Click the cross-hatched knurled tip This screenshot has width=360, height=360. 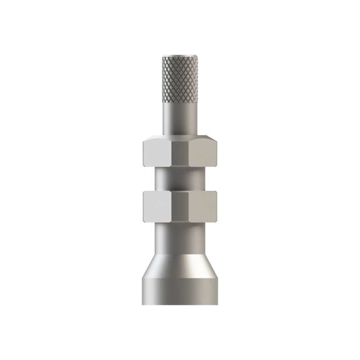point(180,79)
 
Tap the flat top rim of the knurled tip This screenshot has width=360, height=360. point(180,56)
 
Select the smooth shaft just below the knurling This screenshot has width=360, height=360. point(180,118)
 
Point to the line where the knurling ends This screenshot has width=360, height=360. point(180,103)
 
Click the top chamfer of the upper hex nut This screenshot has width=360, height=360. point(180,136)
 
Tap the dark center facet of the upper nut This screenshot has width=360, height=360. point(180,154)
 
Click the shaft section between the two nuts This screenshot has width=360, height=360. point(180,179)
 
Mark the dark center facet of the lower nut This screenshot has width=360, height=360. point(180,207)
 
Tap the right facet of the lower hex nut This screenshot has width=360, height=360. point(203,207)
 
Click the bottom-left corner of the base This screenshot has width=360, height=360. point(143,304)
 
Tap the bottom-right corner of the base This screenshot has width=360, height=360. point(218,304)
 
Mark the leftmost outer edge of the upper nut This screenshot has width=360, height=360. point(143,153)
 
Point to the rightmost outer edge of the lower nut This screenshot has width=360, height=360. point(217,207)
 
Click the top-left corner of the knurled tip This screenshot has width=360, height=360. point(163,57)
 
